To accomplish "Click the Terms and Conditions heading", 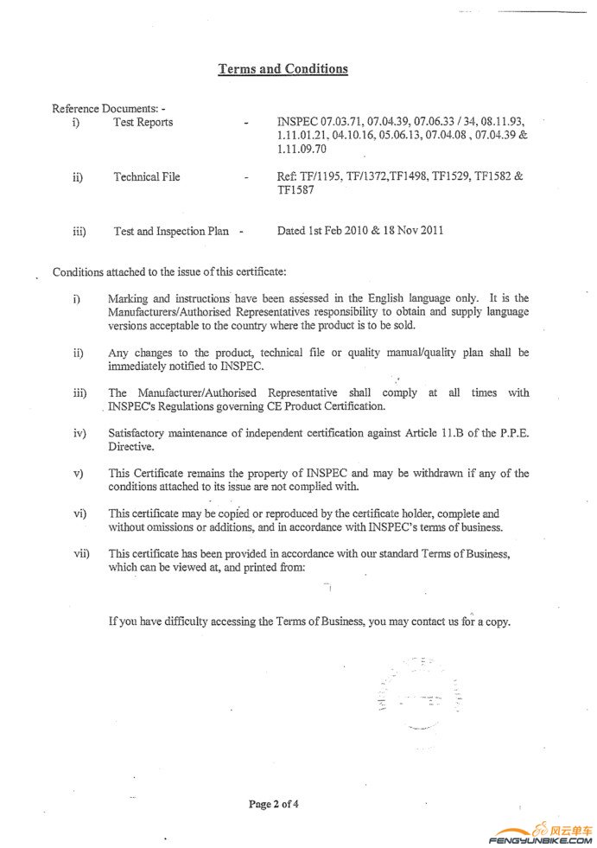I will (x=283, y=69).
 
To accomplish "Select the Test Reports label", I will (x=143, y=123).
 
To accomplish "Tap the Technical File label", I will (x=147, y=177).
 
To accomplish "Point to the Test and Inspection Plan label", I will (x=171, y=232).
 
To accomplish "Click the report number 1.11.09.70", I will (x=302, y=150).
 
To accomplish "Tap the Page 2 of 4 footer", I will (x=274, y=804).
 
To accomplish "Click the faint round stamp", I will (x=419, y=692).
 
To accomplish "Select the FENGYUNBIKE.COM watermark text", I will (x=541, y=839).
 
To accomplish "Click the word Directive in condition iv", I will (x=131, y=447).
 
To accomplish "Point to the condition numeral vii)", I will (x=81, y=553).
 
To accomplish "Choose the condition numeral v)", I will (x=79, y=474).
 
